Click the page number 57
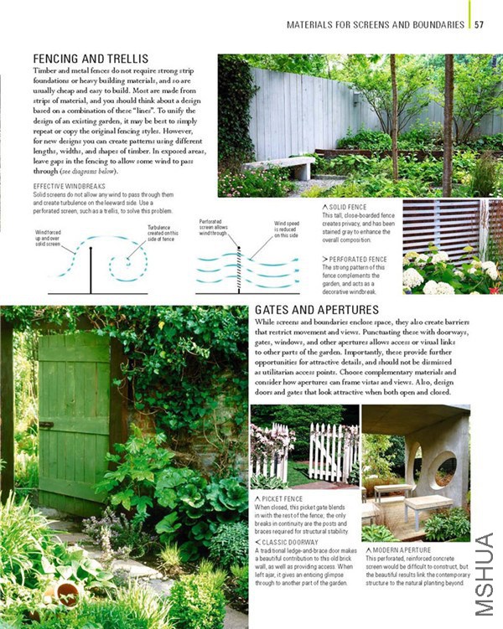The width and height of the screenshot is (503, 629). (480, 24)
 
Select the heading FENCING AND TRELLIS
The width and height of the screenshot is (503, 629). (96, 59)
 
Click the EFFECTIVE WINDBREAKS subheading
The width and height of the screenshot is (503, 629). (70, 185)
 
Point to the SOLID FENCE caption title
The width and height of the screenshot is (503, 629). (350, 206)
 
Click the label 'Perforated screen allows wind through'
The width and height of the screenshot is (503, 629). (215, 227)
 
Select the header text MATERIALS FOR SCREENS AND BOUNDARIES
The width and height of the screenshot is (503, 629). (376, 24)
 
